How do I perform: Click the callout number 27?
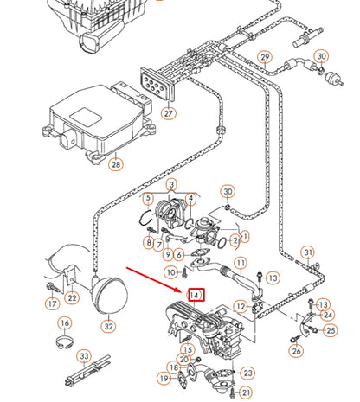tap(169, 113)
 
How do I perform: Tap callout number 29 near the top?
tap(266, 58)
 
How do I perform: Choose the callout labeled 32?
tap(107, 327)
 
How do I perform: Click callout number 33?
tap(83, 355)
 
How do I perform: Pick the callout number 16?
tap(65, 323)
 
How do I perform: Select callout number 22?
tap(73, 298)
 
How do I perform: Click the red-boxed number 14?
tap(196, 296)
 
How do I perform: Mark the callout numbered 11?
tap(241, 263)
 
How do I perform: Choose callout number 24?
tap(327, 316)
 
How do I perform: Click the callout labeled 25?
tap(331, 330)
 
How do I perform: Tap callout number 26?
tap(296, 350)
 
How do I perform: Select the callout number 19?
tap(164, 378)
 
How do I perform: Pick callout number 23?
tap(247, 373)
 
